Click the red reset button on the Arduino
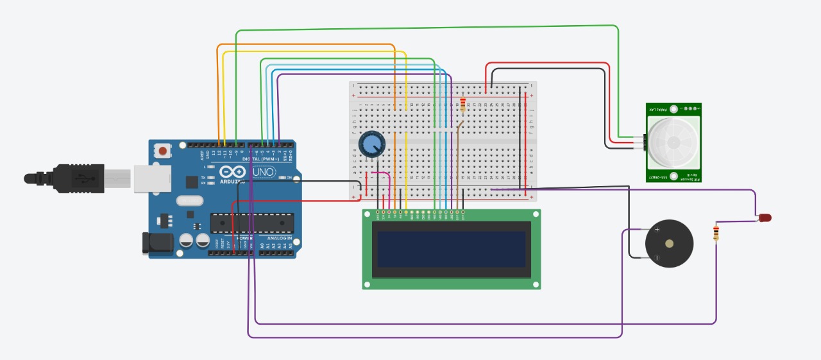click(164, 151)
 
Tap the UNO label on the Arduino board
click(263, 172)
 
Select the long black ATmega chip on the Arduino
click(252, 222)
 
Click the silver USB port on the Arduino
click(153, 178)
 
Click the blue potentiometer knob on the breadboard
click(370, 144)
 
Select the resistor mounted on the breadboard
click(463, 103)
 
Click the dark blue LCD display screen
click(451, 249)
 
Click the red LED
click(765, 218)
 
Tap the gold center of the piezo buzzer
click(670, 244)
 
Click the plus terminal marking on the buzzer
click(656, 229)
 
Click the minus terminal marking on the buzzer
click(656, 258)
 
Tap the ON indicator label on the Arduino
click(289, 178)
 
